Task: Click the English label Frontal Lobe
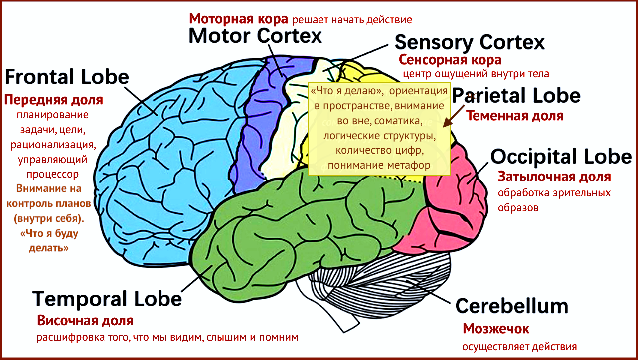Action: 67,77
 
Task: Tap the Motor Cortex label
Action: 255,35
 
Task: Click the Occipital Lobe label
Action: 561,157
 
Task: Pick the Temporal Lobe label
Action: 107,299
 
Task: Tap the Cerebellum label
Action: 512,306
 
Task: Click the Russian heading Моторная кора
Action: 238,19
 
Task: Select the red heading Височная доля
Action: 85,320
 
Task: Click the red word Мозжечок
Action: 496,329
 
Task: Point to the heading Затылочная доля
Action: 554,177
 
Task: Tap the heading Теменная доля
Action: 514,116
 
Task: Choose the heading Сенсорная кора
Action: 450,60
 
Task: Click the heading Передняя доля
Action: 54,100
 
